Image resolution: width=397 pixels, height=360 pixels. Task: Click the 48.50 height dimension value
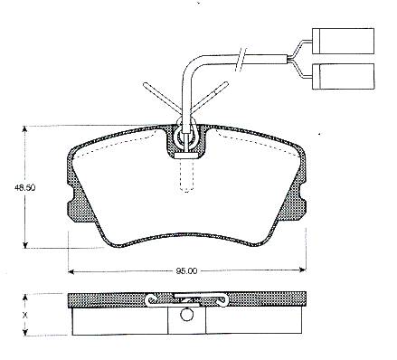pyautogui.click(x=24, y=187)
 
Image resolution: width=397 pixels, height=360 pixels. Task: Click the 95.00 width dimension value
pyautogui.click(x=186, y=271)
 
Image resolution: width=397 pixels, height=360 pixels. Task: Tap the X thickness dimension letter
pyautogui.click(x=25, y=316)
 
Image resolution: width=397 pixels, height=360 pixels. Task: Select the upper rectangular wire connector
pyautogui.click(x=343, y=41)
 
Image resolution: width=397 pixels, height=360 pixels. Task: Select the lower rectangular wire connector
pyautogui.click(x=343, y=76)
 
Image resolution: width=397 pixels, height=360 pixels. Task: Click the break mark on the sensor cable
pyautogui.click(x=241, y=60)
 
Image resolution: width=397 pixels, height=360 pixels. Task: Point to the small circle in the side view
pyautogui.click(x=186, y=315)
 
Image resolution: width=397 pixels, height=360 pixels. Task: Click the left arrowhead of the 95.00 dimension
pyautogui.click(x=71, y=271)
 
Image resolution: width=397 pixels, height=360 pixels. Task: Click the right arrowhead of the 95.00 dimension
pyautogui.click(x=302, y=270)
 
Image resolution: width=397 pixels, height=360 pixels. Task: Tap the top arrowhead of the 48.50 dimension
pyautogui.click(x=25, y=129)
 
